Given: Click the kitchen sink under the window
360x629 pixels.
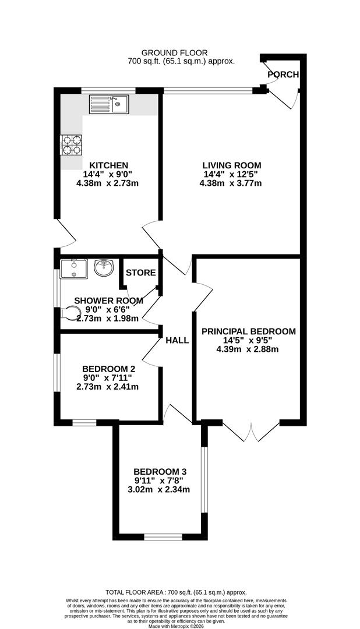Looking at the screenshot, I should point(109,105).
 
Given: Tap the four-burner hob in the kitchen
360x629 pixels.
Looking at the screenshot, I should point(70,146).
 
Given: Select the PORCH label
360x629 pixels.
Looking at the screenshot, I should point(283,75).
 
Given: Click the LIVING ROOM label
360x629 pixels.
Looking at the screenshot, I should point(231,165).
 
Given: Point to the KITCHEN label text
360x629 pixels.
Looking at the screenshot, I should point(108,165).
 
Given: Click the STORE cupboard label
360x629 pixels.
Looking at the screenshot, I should point(140,273).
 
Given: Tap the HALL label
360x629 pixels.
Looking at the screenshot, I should point(177,340).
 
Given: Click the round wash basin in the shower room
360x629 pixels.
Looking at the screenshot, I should point(104,269).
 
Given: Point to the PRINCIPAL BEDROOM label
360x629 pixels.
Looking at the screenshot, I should point(248,331).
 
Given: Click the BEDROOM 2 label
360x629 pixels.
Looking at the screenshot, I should point(108,369).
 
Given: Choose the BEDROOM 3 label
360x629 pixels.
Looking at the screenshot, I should point(160,471).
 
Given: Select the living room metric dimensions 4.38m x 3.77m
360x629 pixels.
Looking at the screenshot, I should point(231,183).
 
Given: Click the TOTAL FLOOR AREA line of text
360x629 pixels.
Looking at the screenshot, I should point(180,591).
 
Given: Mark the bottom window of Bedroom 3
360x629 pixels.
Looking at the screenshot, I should point(159,536).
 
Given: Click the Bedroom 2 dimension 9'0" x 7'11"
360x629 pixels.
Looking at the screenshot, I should point(108,377).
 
